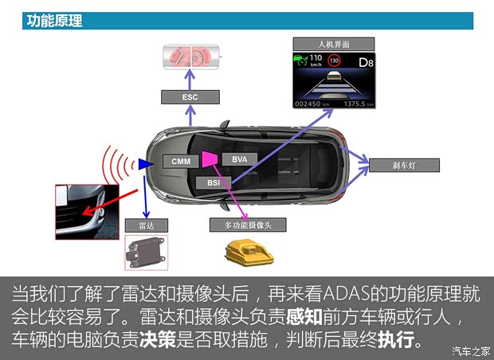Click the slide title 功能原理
(54, 22)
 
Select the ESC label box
(190, 97)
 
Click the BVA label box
(239, 159)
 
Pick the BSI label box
(213, 183)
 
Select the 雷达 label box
(146, 225)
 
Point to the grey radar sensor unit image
(145, 252)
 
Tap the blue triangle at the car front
(145, 164)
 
